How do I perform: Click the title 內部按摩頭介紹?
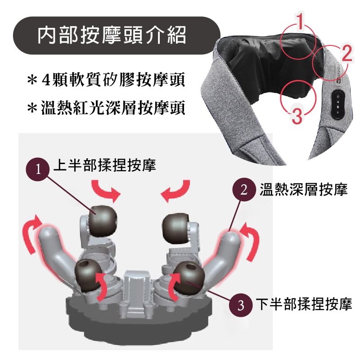coord(112,36)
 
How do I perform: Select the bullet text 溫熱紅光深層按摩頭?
coord(113,107)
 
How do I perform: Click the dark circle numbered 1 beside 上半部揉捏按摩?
coord(38,169)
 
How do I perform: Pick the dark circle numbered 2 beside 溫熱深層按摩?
coord(244,190)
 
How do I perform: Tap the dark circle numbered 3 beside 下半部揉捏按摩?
coord(241,305)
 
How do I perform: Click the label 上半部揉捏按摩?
coord(104,165)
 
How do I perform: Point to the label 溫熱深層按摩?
coord(303,190)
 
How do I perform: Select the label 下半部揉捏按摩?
coord(304,304)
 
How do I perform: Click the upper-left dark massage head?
coord(103,220)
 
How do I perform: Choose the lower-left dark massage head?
coord(89,275)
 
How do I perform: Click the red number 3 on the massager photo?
coord(297,115)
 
